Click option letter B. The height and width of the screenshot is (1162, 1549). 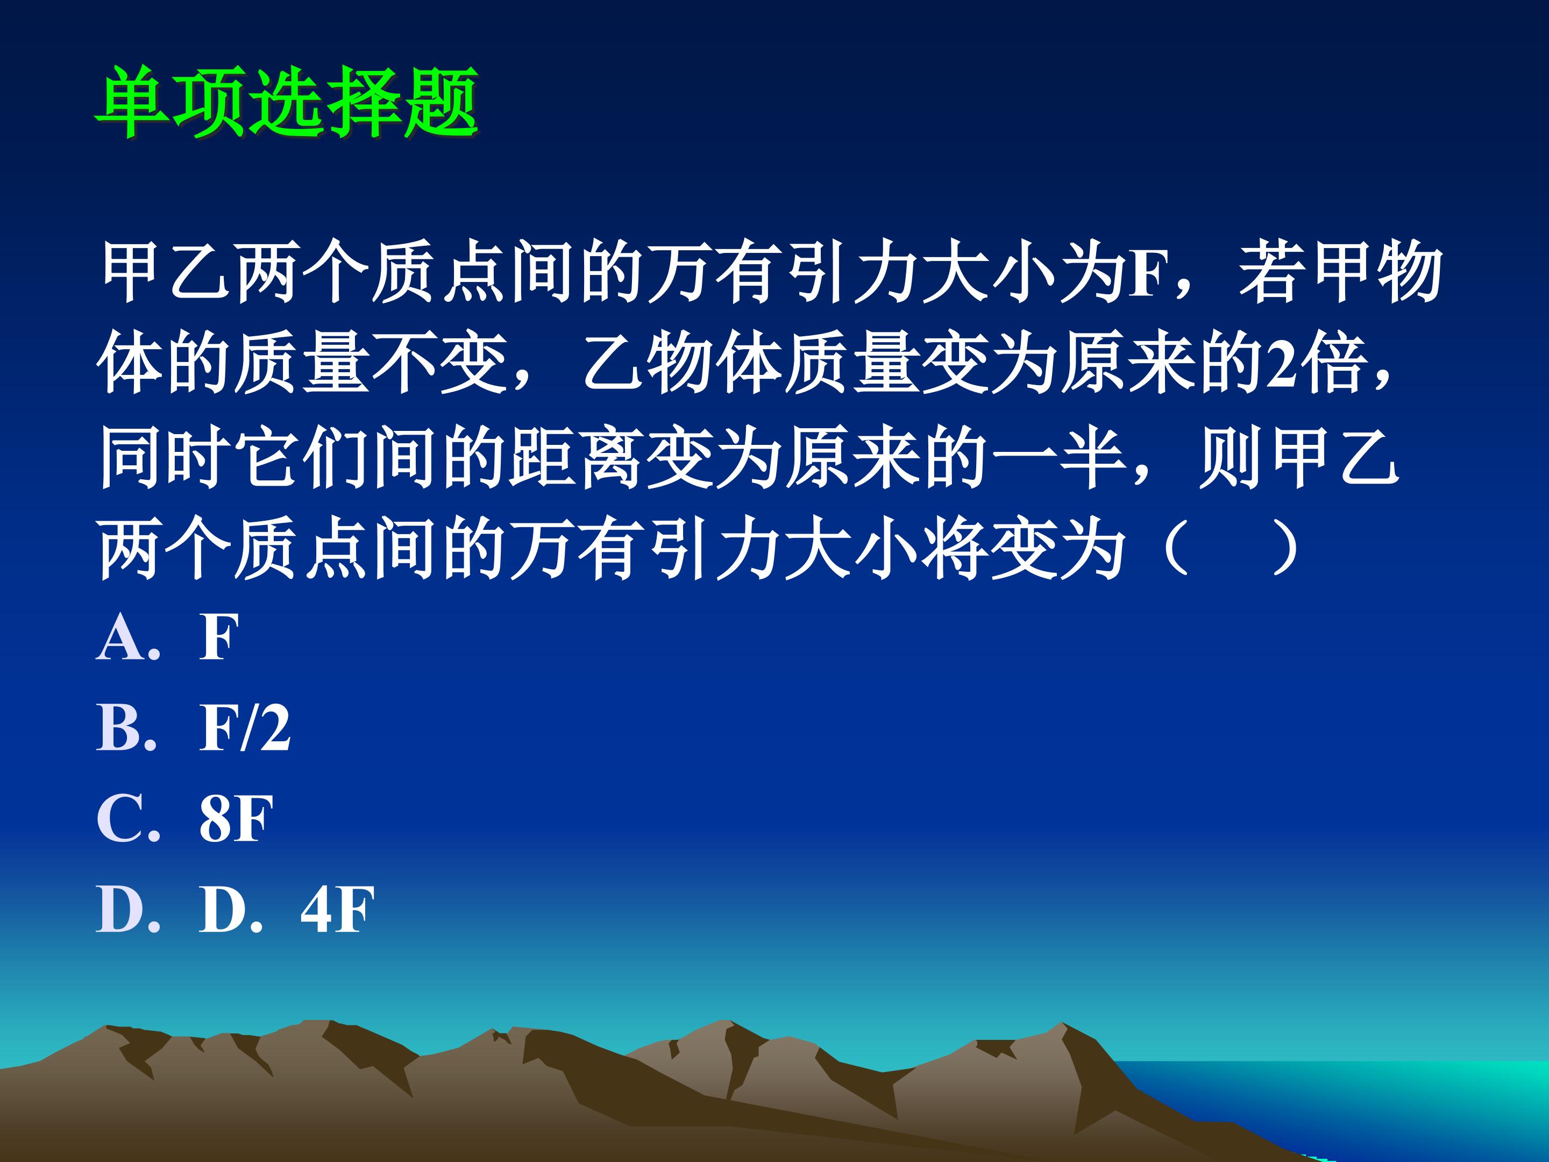pyautogui.click(x=123, y=728)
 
